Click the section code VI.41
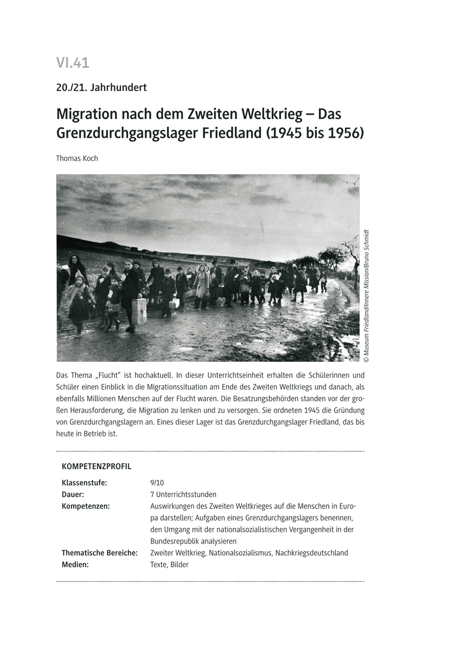73,63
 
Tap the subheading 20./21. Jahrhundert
101,87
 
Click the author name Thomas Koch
77,158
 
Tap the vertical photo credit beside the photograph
367,292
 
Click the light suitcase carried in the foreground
139,310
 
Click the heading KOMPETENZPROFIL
96,466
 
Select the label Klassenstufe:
84,482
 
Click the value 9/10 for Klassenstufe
157,482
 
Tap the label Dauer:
73,494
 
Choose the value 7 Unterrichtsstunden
183,494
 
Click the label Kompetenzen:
86,506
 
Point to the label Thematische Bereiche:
99,552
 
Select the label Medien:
75,564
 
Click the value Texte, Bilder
169,564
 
